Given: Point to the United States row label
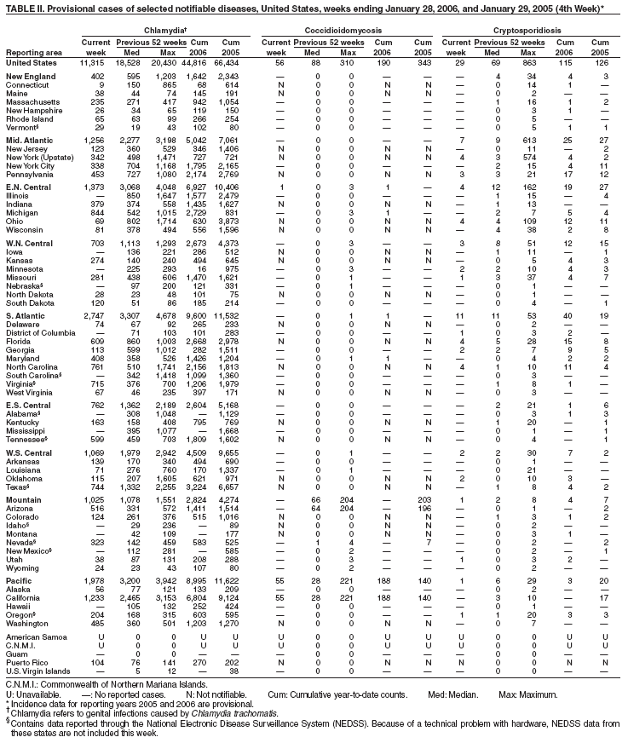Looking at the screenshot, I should [31, 63].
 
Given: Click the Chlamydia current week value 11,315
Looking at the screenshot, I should [90, 63].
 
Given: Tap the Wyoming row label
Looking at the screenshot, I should [23, 567].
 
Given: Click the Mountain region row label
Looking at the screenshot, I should [24, 498].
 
